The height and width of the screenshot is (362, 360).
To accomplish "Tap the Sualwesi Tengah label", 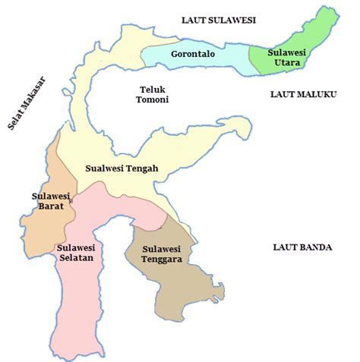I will [121, 168].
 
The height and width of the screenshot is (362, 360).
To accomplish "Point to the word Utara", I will [286, 62].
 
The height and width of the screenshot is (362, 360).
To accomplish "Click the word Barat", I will [50, 206].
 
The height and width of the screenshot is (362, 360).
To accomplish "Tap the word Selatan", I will [74, 257].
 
